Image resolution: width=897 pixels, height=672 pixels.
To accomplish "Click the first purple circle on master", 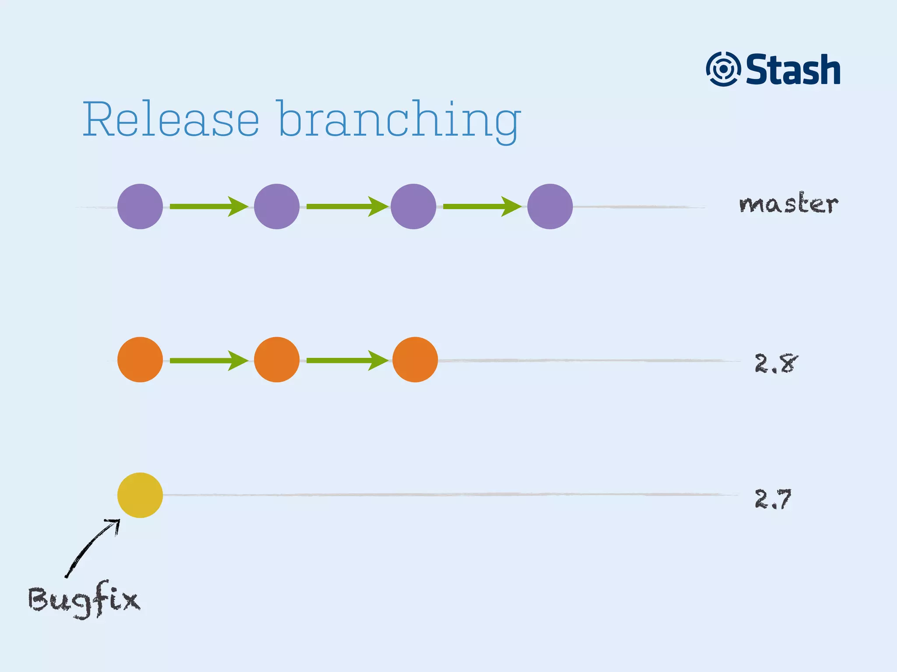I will tap(140, 206).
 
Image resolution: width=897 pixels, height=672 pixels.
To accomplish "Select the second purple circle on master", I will tap(277, 206).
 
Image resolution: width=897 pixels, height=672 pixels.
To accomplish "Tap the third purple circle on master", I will tap(413, 206).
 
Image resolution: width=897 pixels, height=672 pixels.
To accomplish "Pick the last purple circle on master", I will tap(550, 206).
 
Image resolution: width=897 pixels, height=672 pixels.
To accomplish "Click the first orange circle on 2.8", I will tap(140, 360).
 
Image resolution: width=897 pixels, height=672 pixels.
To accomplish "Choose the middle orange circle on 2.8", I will tap(277, 360).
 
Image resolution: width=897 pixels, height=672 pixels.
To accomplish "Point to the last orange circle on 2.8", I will tap(415, 360).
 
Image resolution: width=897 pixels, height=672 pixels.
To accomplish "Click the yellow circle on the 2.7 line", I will tap(140, 495).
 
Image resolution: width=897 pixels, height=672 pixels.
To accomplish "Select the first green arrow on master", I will tap(208, 206).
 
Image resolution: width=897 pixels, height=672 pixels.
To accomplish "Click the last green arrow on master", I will tap(482, 206).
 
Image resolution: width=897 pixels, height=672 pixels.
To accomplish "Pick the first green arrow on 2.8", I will tap(208, 360).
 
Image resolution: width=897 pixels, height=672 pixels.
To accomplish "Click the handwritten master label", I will tap(788, 204).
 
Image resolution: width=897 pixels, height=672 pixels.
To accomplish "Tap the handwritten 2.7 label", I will tap(773, 499).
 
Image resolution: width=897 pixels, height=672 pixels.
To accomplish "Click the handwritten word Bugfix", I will tap(84, 599).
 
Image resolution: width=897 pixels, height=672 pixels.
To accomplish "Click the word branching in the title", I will tap(399, 120).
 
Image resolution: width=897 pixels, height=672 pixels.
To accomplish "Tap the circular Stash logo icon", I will tap(723, 69).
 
